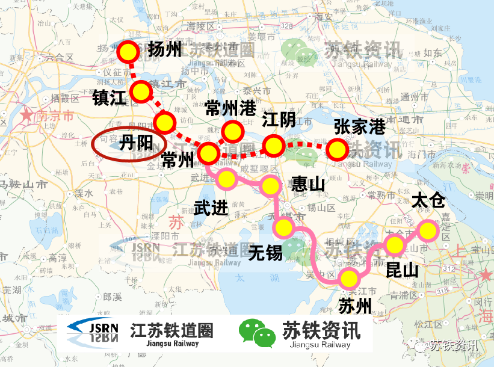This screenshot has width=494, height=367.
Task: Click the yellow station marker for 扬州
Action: point(128,53)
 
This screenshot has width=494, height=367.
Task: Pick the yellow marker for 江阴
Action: point(274,145)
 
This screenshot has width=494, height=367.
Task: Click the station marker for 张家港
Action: point(337,148)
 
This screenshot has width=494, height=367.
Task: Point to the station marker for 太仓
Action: point(428,230)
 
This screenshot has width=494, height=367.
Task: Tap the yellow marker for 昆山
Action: point(395,245)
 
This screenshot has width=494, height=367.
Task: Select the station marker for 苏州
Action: point(348,279)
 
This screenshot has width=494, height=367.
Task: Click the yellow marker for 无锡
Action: point(283,227)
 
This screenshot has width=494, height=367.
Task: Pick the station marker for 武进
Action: point(226,179)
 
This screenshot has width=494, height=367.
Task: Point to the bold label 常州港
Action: point(230,109)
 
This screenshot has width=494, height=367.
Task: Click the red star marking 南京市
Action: point(27,116)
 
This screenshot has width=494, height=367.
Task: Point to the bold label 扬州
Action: point(164,49)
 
